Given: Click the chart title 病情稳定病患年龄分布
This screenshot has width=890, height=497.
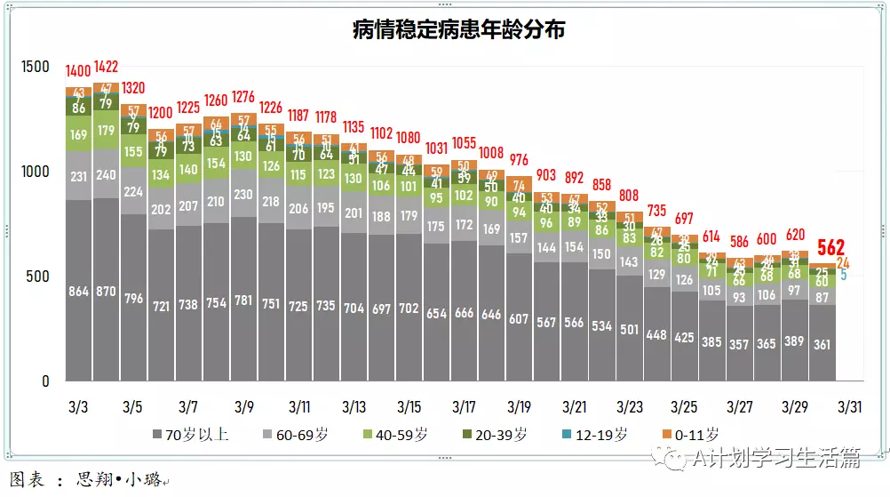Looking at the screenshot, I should pos(458,30).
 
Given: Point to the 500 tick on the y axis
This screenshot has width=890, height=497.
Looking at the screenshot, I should pos(37,277).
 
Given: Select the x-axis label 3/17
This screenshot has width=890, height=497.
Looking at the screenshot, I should pos(464,407).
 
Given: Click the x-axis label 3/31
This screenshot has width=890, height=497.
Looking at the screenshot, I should pos(850,407).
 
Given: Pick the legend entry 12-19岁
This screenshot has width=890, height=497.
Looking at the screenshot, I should pos(600,434).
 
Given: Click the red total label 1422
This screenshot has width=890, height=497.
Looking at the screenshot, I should pos(106,67).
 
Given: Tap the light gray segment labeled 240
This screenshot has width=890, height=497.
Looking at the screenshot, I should pos(106,175).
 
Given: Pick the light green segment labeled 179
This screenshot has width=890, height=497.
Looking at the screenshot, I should pos(106,131).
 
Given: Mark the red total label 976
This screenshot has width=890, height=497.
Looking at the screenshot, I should pos(519,160).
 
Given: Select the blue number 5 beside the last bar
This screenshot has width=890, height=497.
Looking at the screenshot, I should pos(844,276).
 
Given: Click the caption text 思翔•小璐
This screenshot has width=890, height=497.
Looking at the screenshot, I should pos(119,480).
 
